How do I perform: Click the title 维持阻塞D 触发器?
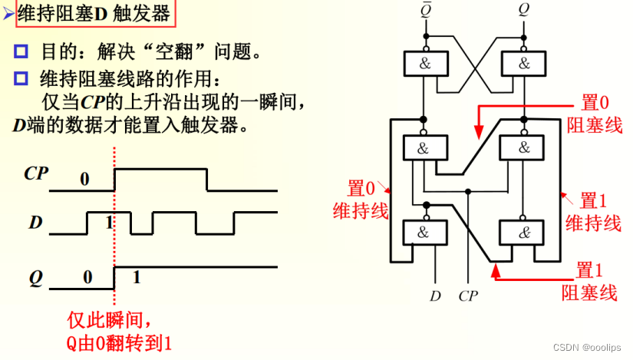[91, 13]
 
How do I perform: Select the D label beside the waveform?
[35, 223]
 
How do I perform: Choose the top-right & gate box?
[524, 64]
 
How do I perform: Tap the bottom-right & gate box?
[524, 231]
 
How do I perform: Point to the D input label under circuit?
[435, 294]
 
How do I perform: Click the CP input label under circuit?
[468, 294]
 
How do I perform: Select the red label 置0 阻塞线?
[594, 114]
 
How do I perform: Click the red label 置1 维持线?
[592, 212]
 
